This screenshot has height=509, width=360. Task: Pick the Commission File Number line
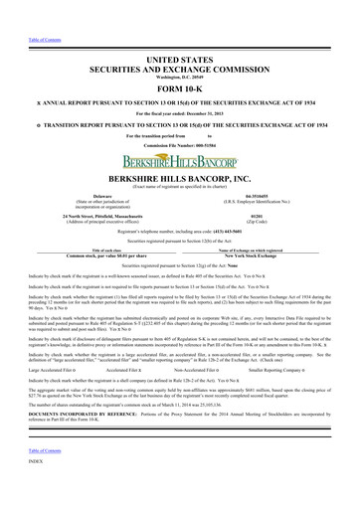(179, 118)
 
